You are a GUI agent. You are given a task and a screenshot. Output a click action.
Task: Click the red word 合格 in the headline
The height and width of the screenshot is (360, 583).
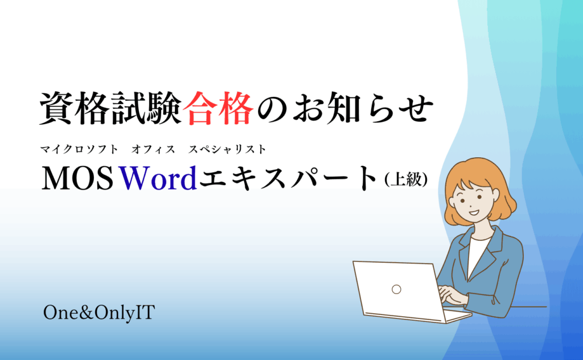(x=218, y=108)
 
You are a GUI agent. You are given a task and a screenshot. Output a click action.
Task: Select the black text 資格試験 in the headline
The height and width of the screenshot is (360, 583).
(x=111, y=108)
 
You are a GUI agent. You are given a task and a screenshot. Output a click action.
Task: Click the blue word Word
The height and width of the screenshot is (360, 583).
(x=158, y=178)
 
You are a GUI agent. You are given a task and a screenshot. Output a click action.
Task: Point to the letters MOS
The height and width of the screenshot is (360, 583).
(x=77, y=178)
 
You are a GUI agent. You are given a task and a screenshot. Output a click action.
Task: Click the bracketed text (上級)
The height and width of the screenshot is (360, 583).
(x=406, y=179)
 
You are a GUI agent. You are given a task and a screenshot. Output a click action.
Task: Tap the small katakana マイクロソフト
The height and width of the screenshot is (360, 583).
(x=79, y=149)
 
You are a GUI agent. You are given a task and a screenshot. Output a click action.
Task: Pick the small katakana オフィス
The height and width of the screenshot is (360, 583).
(x=153, y=149)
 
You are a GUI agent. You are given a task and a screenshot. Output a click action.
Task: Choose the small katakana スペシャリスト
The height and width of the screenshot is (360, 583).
(x=227, y=149)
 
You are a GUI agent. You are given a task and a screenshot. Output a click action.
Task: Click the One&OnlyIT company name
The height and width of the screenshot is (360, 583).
(x=99, y=313)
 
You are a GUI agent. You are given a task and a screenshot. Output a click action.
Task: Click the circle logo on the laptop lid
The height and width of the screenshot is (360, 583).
(x=396, y=289)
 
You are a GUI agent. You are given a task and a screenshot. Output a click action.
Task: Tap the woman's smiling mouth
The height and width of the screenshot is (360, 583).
(x=474, y=212)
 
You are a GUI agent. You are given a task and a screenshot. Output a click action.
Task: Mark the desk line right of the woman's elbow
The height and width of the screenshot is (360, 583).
(x=529, y=307)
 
